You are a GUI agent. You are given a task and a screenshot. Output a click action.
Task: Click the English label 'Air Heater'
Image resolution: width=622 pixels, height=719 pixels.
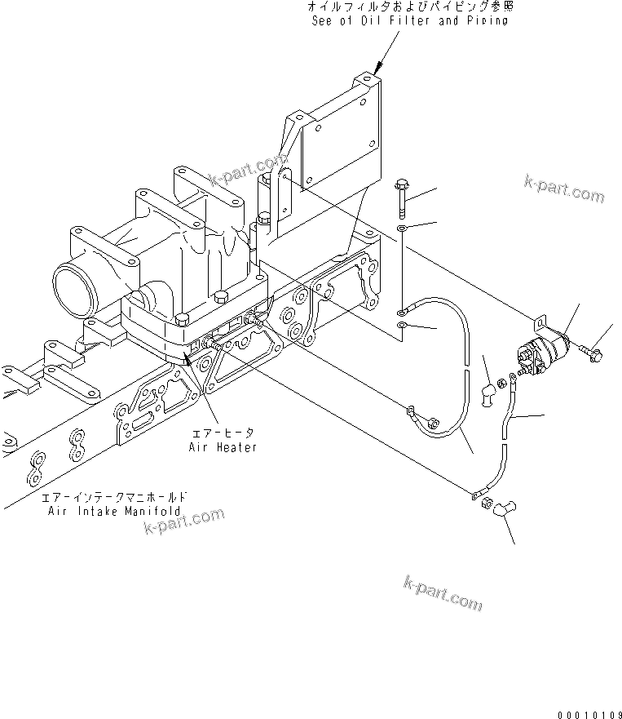(x=223, y=447)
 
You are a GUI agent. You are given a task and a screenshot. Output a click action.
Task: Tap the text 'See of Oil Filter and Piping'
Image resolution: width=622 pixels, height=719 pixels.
(x=410, y=20)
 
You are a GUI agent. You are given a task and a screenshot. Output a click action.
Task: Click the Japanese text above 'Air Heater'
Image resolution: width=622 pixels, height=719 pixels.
(x=223, y=434)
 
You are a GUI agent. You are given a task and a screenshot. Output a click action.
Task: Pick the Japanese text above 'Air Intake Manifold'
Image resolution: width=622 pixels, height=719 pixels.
(x=114, y=496)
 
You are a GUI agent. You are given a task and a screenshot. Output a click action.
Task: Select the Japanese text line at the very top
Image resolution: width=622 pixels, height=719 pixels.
(x=410, y=7)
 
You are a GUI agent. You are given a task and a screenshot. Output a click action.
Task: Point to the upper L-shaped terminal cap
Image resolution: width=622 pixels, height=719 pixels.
(x=487, y=393)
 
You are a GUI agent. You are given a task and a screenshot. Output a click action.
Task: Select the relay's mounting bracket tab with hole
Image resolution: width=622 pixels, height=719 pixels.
(x=538, y=323)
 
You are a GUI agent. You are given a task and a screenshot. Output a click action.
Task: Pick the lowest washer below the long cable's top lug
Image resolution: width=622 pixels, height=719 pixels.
(x=402, y=327)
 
